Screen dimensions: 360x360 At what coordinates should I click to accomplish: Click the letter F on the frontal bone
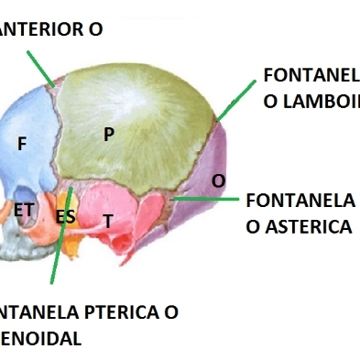[22, 144]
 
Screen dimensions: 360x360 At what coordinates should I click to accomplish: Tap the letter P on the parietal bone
[109, 135]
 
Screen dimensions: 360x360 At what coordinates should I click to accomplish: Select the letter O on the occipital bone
[218, 181]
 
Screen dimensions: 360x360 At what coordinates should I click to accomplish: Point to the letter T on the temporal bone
[107, 221]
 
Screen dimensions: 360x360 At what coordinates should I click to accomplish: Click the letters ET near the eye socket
[25, 210]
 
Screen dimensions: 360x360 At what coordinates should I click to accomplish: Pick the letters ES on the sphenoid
[65, 217]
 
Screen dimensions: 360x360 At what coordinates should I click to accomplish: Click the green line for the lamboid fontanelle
[236, 99]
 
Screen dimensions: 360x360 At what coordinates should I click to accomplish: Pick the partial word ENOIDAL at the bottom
[41, 338]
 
